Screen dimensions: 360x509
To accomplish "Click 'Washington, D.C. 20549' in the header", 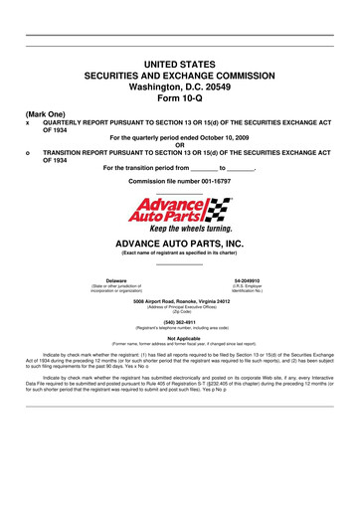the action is [x=179, y=86].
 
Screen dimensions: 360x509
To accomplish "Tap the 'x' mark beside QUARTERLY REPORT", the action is [x=28, y=123].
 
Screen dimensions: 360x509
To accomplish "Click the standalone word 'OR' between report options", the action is [x=179, y=145].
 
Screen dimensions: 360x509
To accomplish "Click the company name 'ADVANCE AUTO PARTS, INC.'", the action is [x=179, y=244].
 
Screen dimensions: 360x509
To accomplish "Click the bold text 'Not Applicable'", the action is [x=179, y=339].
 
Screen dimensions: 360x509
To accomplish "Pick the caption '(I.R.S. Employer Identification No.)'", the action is [x=247, y=290].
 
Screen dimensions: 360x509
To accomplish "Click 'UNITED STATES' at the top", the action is [x=179, y=63].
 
